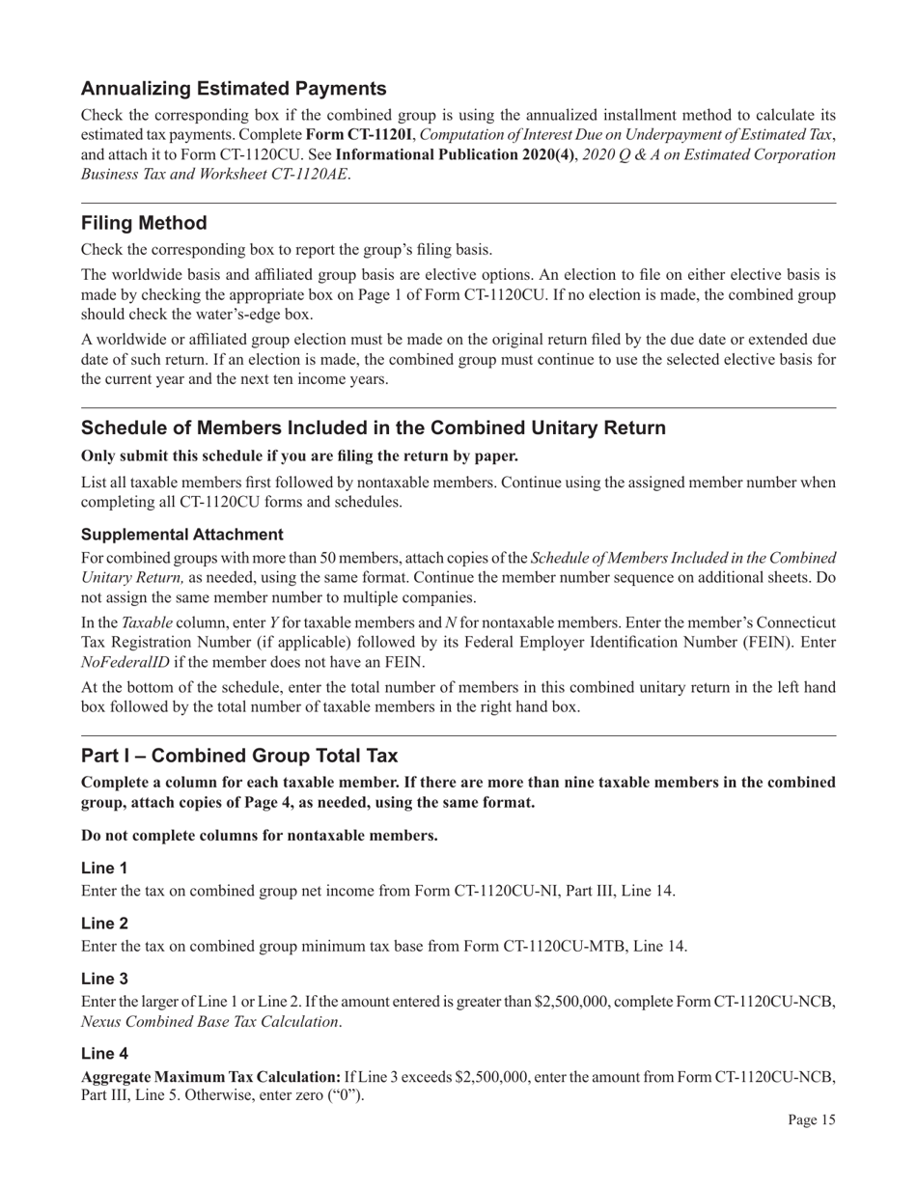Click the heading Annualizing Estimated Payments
pos(234,89)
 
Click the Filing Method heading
pos(144,223)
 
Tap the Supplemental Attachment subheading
pos(182,535)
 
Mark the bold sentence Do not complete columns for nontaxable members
pos(260,835)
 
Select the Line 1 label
pos(104,869)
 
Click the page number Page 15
pos(811,1120)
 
